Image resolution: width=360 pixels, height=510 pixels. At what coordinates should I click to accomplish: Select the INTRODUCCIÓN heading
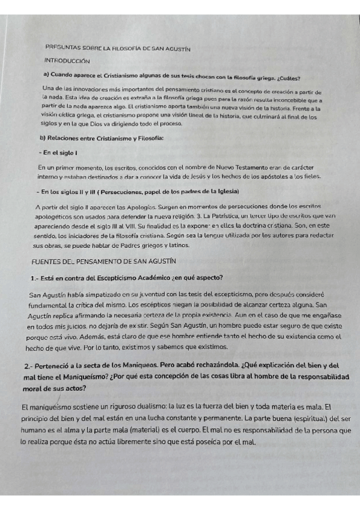point(67,61)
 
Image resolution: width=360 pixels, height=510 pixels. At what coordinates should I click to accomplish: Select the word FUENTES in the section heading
point(47,262)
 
